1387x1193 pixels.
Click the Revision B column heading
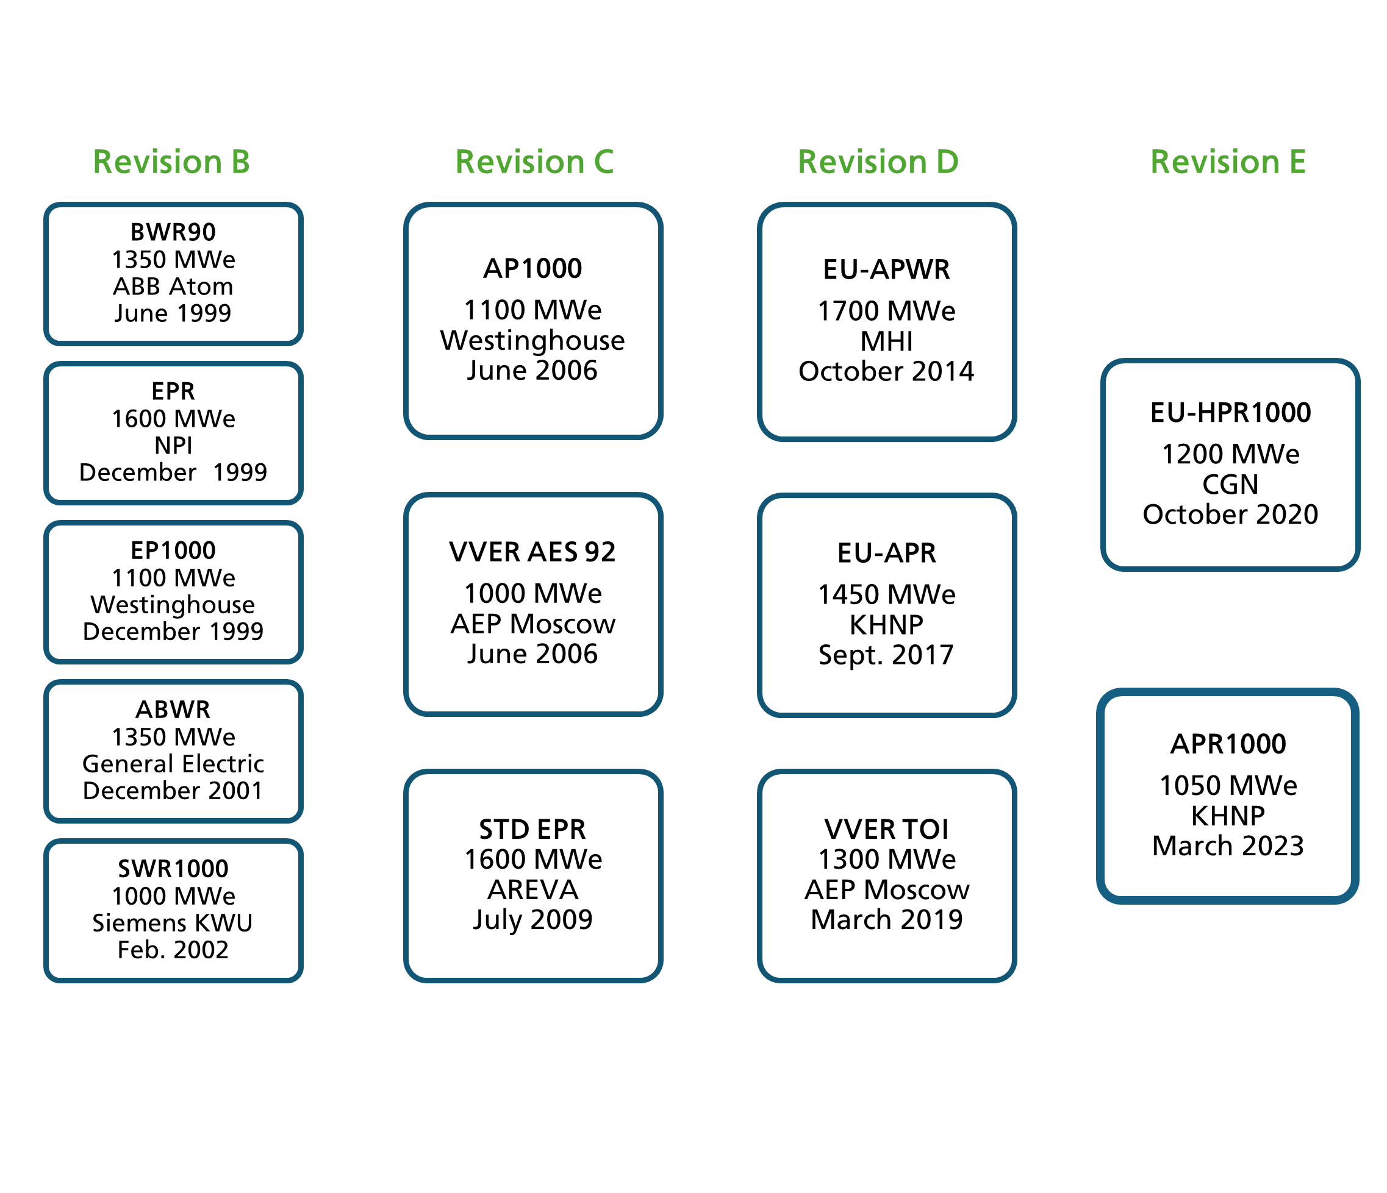point(171,162)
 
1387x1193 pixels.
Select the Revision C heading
point(534,162)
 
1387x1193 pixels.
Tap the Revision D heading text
point(878,162)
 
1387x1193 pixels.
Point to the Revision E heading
point(1228,162)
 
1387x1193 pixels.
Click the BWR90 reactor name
point(173,232)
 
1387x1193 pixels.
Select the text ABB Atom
point(173,287)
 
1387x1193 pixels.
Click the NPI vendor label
point(173,446)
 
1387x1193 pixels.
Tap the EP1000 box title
point(173,550)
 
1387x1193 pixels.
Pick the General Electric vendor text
point(173,764)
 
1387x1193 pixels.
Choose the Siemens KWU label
point(173,924)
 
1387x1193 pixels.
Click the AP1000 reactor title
point(533,269)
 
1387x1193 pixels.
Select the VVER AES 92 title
point(533,553)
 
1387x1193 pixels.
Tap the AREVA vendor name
point(533,890)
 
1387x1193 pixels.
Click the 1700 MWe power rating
point(887,311)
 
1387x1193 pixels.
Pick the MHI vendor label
point(887,342)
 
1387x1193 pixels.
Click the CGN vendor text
point(1230,485)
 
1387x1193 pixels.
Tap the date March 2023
point(1228,846)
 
